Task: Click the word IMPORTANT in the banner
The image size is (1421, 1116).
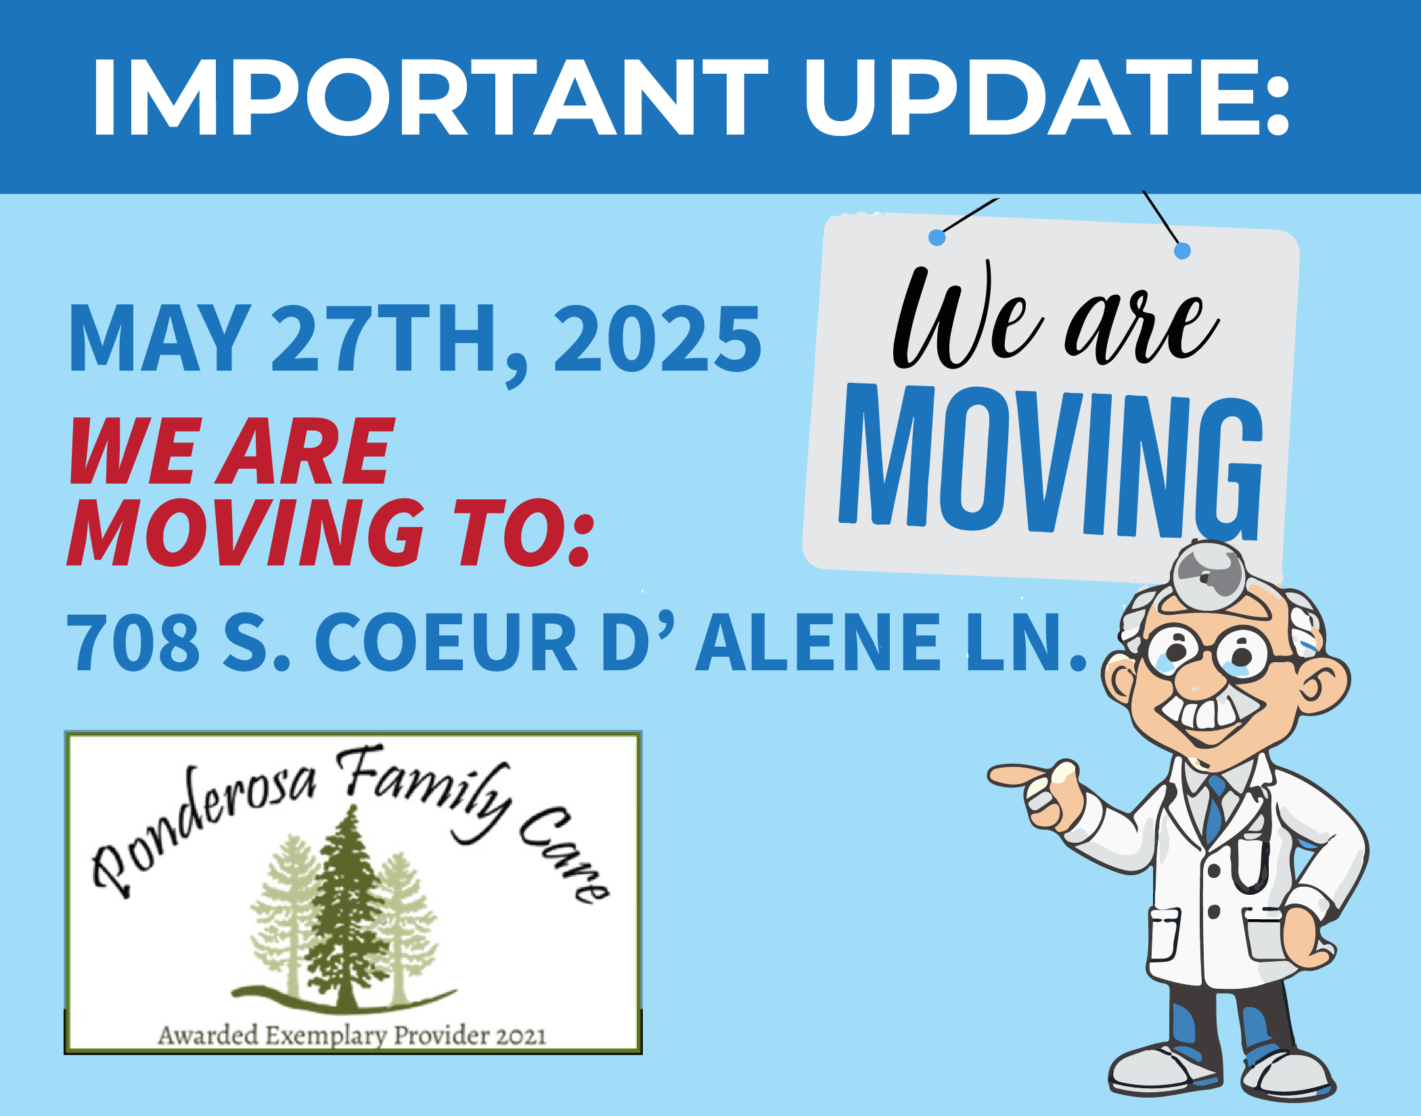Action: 430,97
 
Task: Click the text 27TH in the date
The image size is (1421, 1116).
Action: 384,338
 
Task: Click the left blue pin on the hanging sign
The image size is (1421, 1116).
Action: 937,237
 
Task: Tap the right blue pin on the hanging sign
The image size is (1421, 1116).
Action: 1182,251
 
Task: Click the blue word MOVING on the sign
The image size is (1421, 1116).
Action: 1051,462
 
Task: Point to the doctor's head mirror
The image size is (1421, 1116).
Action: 1209,575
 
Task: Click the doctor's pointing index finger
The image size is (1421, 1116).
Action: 1018,775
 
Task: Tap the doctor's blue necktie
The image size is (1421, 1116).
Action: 1215,808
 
